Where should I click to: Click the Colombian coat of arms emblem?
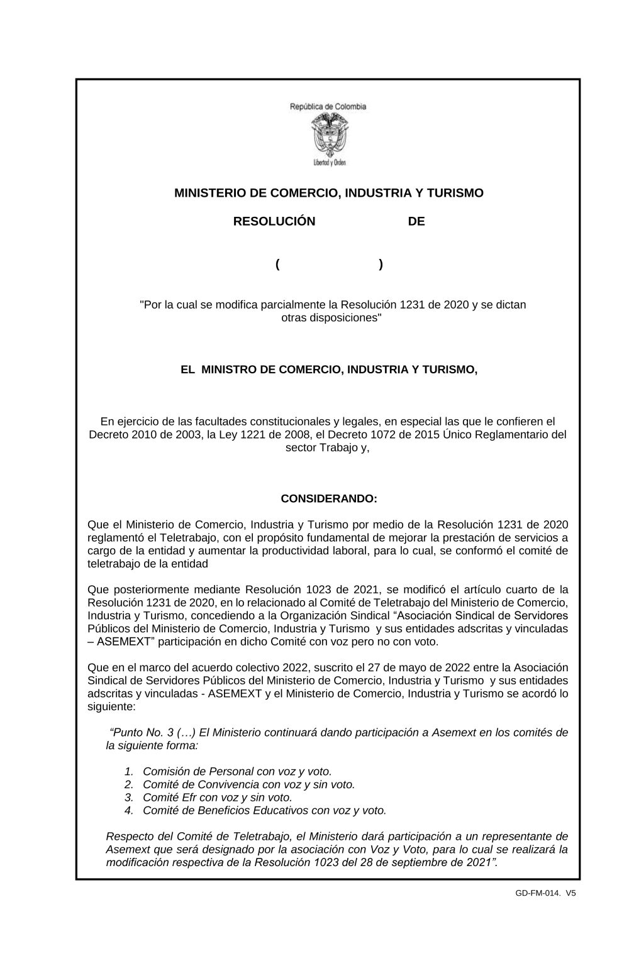[328, 135]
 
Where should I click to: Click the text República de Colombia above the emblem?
[328, 107]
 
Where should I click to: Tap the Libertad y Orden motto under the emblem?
[329, 163]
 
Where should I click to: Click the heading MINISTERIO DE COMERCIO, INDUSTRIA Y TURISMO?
[328, 193]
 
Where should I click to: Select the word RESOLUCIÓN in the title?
[274, 221]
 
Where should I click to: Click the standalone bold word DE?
[416, 221]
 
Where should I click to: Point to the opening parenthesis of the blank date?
[277, 265]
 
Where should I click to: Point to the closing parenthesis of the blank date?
[381, 265]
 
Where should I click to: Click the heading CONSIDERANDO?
[328, 499]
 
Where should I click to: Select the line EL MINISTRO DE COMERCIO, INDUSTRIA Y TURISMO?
[328, 370]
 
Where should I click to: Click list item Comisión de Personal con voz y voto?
[237, 771]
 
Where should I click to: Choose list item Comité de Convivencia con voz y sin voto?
[248, 784]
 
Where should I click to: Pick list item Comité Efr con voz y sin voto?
[217, 798]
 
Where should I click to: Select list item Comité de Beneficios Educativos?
[264, 811]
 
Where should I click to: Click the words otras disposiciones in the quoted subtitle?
[331, 318]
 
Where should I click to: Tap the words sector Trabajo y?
[327, 448]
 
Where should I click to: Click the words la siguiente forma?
[152, 745]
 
